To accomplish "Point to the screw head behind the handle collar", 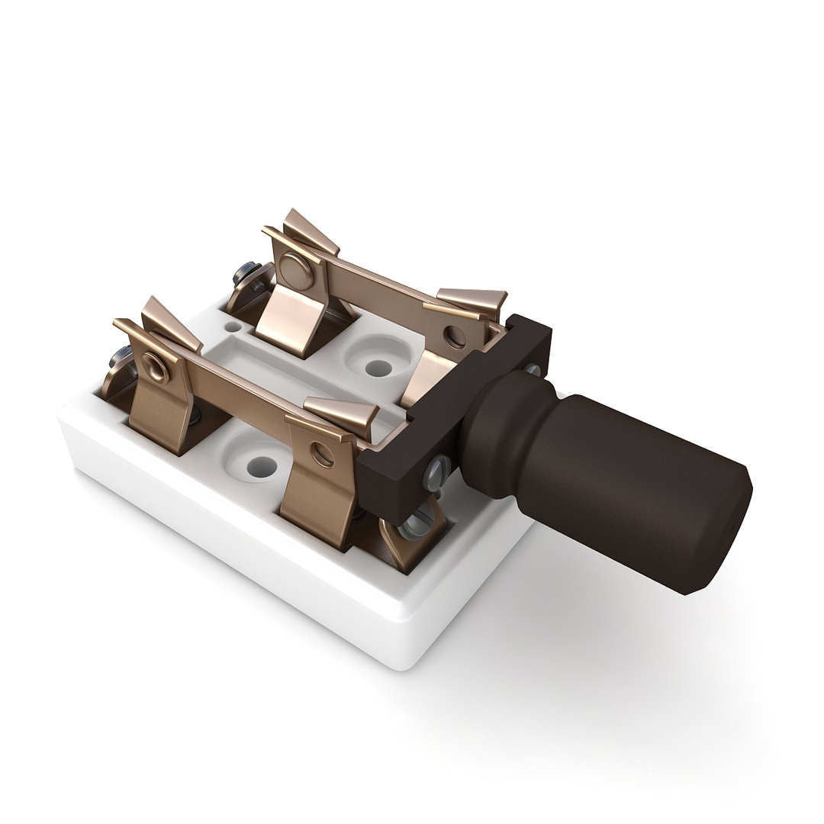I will (532, 370).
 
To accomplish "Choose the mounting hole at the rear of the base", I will (378, 368).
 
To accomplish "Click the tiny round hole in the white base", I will (232, 327).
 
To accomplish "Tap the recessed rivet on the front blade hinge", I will (156, 368).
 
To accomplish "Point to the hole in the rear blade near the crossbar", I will (455, 336).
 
